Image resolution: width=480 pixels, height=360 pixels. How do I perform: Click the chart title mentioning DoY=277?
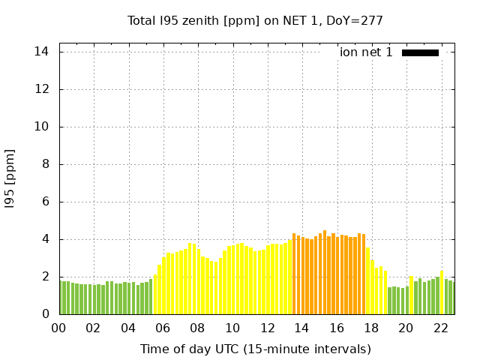pyautogui.click(x=255, y=20)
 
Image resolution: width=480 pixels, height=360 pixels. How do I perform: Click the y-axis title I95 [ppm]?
pyautogui.click(x=10, y=178)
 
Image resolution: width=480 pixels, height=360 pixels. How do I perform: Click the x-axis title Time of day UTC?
pyautogui.click(x=255, y=349)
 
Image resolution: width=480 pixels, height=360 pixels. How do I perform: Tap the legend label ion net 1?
pyautogui.click(x=366, y=52)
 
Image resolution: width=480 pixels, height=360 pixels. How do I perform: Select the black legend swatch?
pyautogui.click(x=420, y=52)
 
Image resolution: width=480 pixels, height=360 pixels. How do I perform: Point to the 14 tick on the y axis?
pyautogui.click(x=42, y=52)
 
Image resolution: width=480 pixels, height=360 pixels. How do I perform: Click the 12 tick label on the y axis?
pyautogui.click(x=42, y=89)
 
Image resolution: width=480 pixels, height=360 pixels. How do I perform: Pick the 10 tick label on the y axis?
pyautogui.click(x=42, y=127)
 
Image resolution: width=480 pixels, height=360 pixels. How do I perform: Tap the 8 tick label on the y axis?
pyautogui.click(x=46, y=164)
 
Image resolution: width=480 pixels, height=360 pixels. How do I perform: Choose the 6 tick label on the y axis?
pyautogui.click(x=46, y=202)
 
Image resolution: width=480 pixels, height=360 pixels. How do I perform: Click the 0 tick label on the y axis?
pyautogui.click(x=46, y=314)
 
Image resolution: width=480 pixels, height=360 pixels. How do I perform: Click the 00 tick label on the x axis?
pyautogui.click(x=59, y=328)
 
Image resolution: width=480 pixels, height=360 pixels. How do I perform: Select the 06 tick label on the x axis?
pyautogui.click(x=163, y=328)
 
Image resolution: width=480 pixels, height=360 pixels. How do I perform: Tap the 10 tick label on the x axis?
pyautogui.click(x=232, y=328)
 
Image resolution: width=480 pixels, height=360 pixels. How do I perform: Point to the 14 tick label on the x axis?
pyautogui.click(x=302, y=328)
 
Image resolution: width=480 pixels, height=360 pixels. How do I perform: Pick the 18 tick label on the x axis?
pyautogui.click(x=371, y=328)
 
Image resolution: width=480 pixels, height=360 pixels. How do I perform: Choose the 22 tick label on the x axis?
pyautogui.click(x=441, y=328)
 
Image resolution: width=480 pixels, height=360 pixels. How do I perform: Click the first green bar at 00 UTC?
pyautogui.click(x=61, y=298)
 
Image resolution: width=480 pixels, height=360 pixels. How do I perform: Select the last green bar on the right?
pyautogui.click(x=451, y=298)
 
